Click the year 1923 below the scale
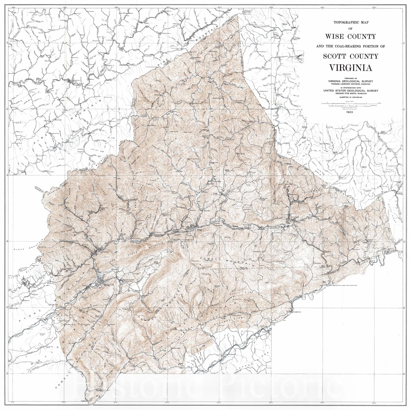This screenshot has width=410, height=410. click(350, 112)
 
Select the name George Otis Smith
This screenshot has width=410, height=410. click(350, 93)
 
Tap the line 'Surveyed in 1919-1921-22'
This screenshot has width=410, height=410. click(350, 97)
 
